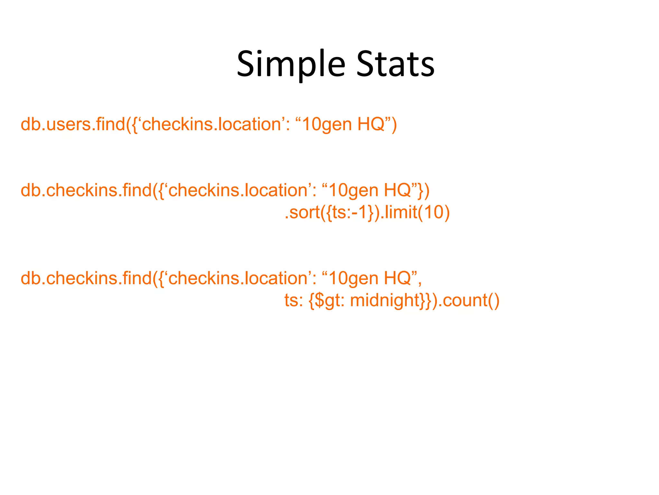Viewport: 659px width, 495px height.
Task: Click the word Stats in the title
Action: (395, 64)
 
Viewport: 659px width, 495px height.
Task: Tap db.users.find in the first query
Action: (72, 124)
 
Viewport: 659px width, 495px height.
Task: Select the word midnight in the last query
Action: (385, 301)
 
